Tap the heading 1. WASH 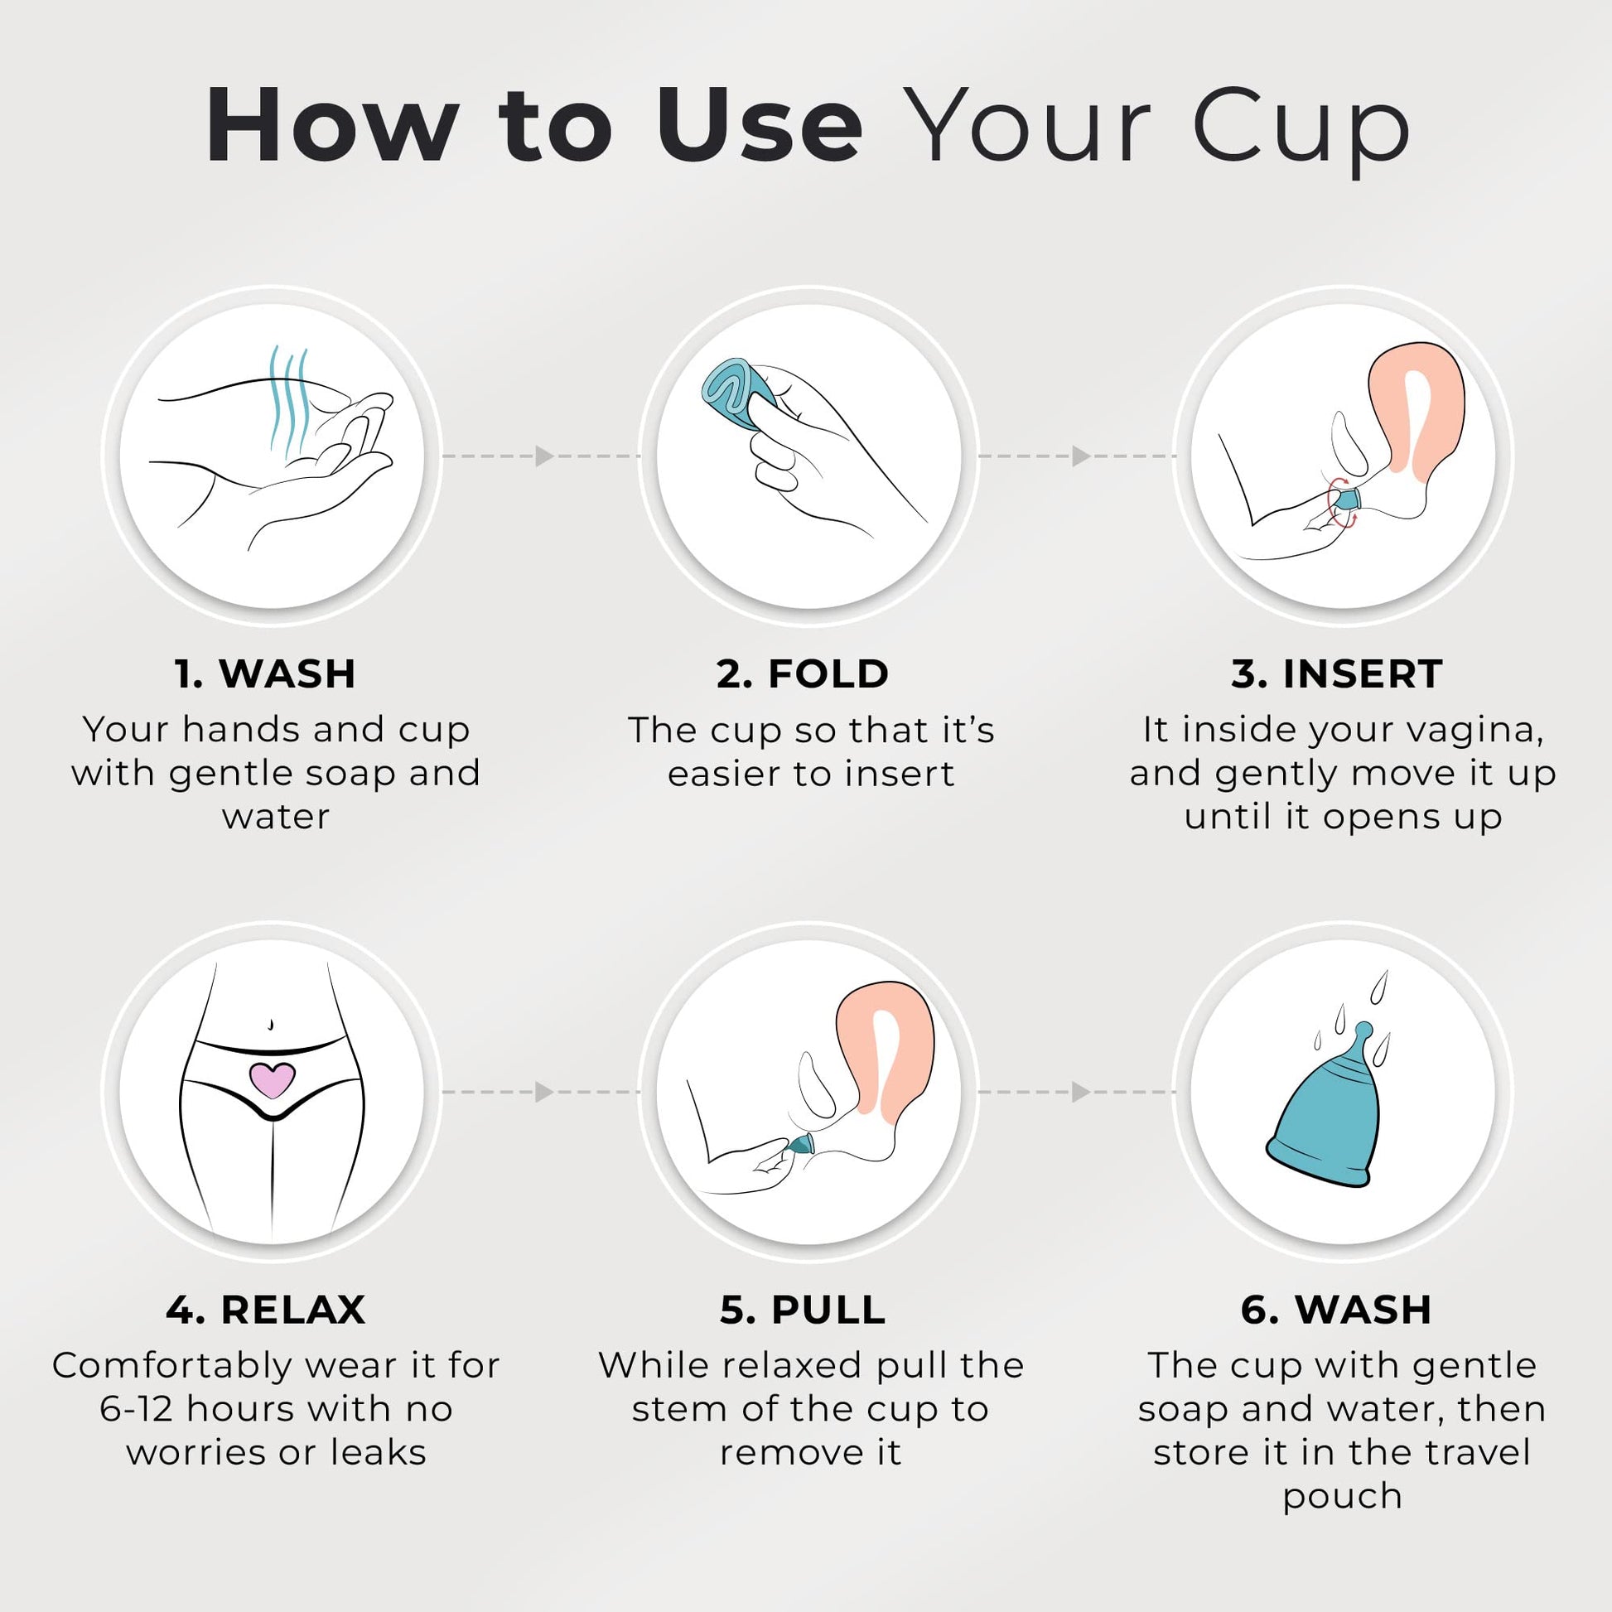click(265, 674)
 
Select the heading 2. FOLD click(803, 674)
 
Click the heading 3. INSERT click(1337, 674)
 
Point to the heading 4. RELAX click(265, 1310)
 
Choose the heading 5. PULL click(803, 1310)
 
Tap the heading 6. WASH click(1337, 1310)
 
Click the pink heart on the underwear click(273, 1079)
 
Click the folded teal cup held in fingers click(737, 393)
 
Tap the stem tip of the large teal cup click(1364, 1029)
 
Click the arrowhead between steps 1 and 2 click(545, 456)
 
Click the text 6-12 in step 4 click(135, 1409)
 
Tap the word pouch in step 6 click(1342, 1496)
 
